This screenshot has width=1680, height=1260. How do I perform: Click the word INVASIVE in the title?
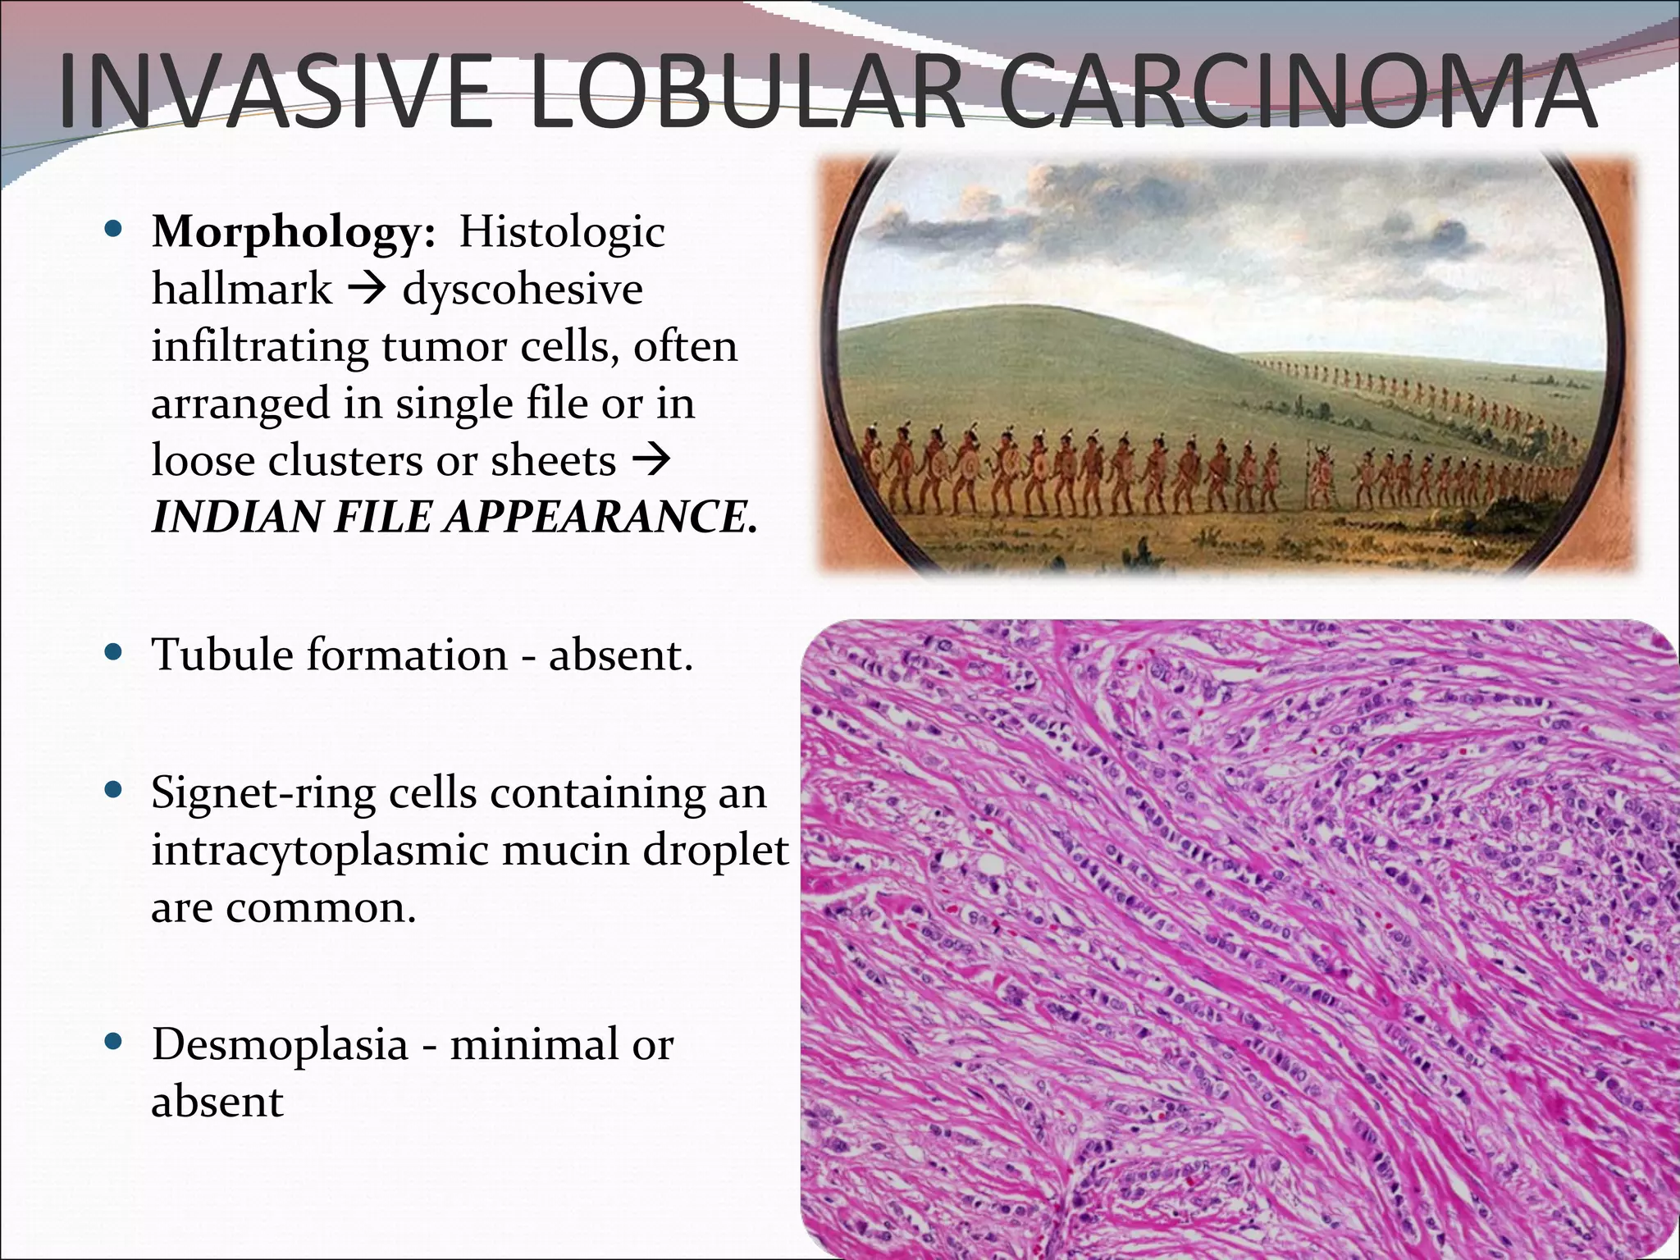[276, 92]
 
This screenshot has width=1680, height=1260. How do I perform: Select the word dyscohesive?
[523, 290]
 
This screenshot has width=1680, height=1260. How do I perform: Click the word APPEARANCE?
[600, 518]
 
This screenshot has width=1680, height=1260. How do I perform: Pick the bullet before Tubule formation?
[115, 653]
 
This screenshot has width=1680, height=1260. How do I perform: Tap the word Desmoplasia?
[279, 1045]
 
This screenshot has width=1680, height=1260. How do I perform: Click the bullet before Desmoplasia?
[115, 1043]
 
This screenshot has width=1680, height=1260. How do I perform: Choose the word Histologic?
[561, 232]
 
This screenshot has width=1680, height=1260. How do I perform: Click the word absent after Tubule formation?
[620, 655]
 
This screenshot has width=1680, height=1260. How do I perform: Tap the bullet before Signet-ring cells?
[115, 791]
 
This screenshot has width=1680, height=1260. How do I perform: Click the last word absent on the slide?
[217, 1102]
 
